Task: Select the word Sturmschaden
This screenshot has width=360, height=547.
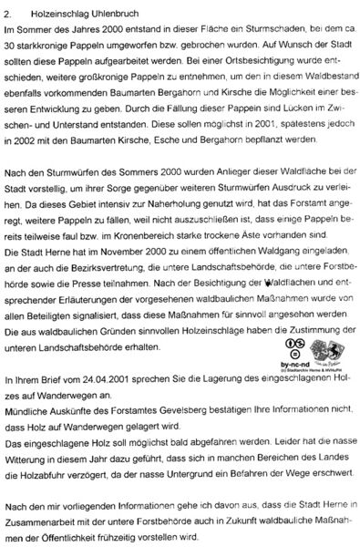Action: [244, 31]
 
